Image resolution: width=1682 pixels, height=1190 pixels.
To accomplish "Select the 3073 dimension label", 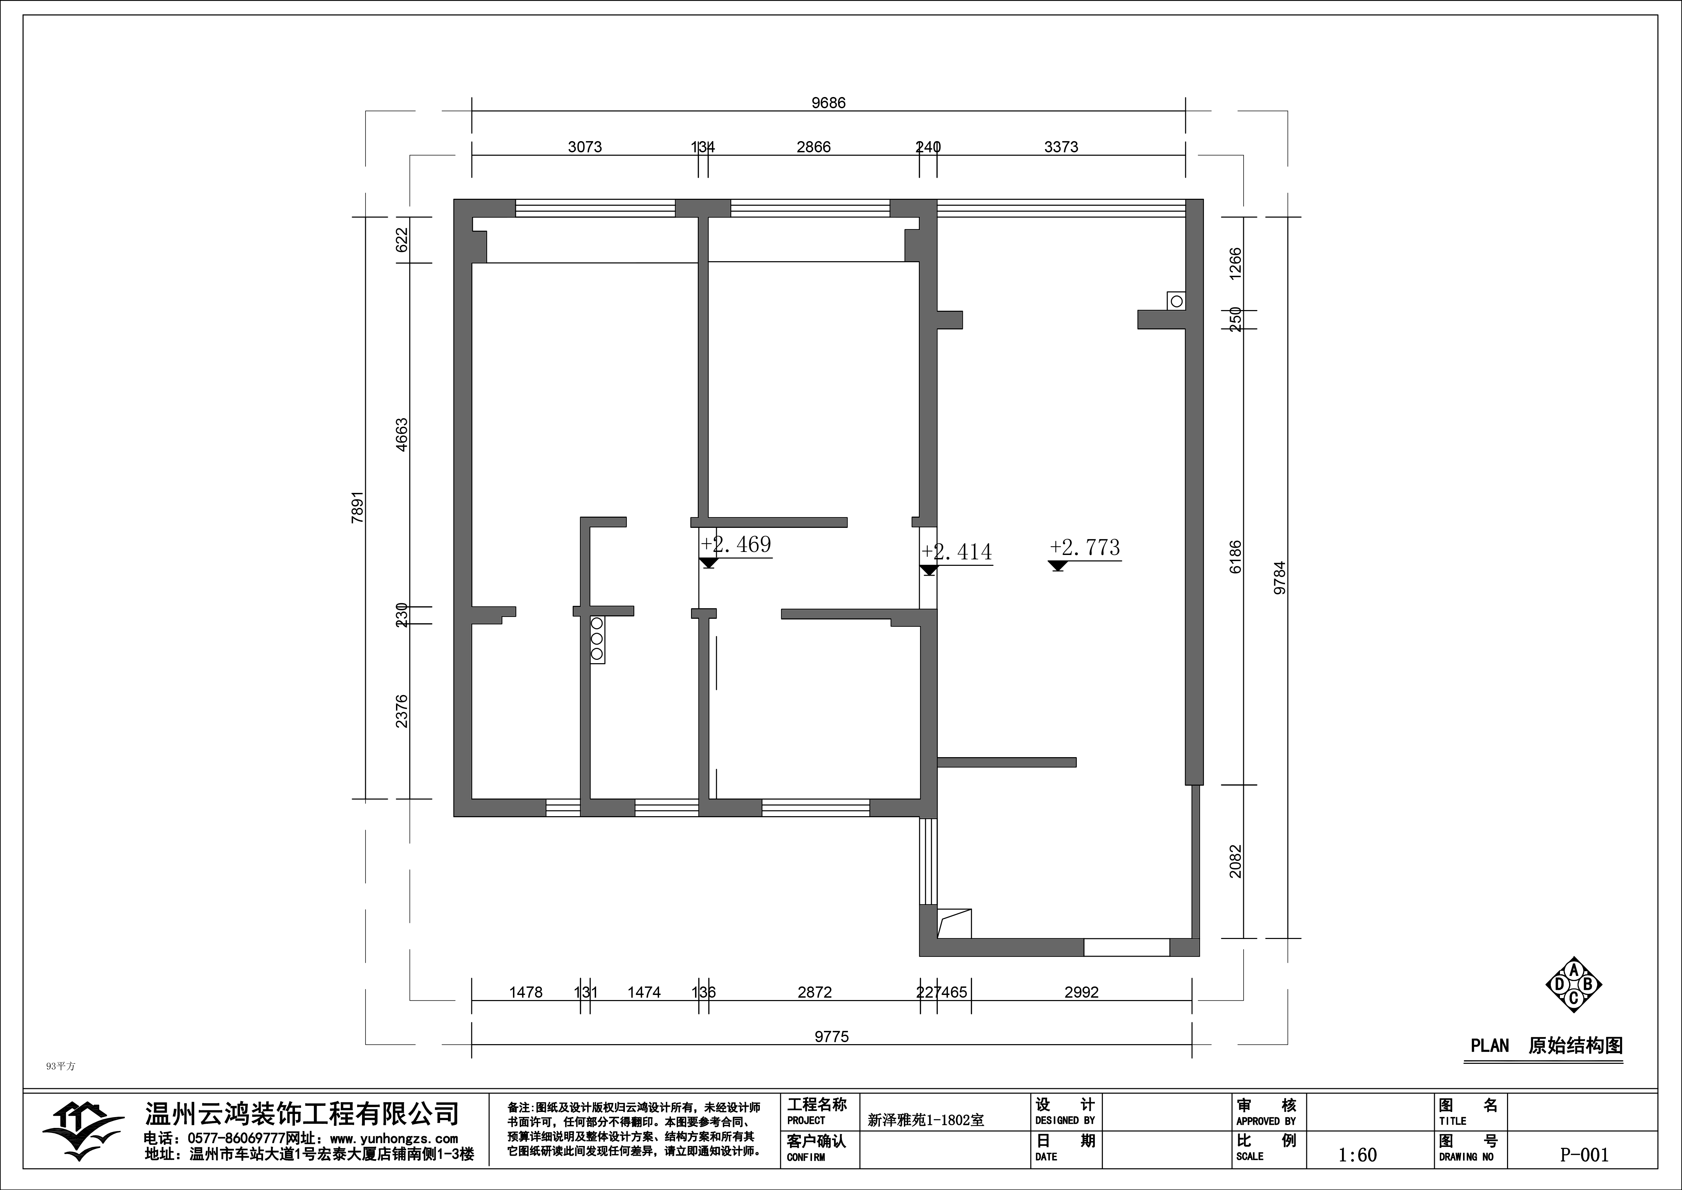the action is pyautogui.click(x=585, y=147).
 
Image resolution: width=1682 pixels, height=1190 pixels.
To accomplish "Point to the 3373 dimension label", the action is pyautogui.click(x=1061, y=147).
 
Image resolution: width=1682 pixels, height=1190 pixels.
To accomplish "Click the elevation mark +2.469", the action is pyautogui.click(x=735, y=544).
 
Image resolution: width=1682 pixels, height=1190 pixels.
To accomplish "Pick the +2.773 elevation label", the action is pyautogui.click(x=1084, y=548).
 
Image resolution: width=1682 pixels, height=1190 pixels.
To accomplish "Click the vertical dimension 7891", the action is pyautogui.click(x=357, y=507).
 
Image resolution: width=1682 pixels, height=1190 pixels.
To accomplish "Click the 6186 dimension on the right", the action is pyautogui.click(x=1235, y=557).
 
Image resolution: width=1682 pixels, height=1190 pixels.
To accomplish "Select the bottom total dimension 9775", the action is pyautogui.click(x=831, y=1036).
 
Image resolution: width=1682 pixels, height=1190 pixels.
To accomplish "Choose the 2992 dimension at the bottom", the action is pyautogui.click(x=1081, y=992).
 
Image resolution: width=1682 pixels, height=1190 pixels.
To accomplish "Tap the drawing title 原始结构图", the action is pyautogui.click(x=1575, y=1045).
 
